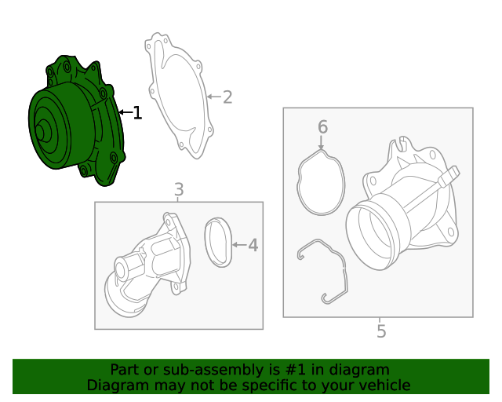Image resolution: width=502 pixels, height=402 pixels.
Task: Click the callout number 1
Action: click(x=138, y=113)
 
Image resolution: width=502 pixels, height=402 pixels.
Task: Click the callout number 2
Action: click(x=227, y=97)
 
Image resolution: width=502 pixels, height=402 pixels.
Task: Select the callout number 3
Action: click(x=179, y=189)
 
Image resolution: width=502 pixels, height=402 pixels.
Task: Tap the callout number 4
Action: click(x=253, y=246)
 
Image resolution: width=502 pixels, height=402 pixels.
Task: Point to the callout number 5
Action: click(x=381, y=331)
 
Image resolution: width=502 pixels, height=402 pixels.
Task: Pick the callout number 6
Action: click(x=322, y=126)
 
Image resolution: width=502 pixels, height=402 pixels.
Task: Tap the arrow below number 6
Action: click(x=322, y=142)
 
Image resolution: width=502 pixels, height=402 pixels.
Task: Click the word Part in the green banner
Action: click(x=124, y=369)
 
